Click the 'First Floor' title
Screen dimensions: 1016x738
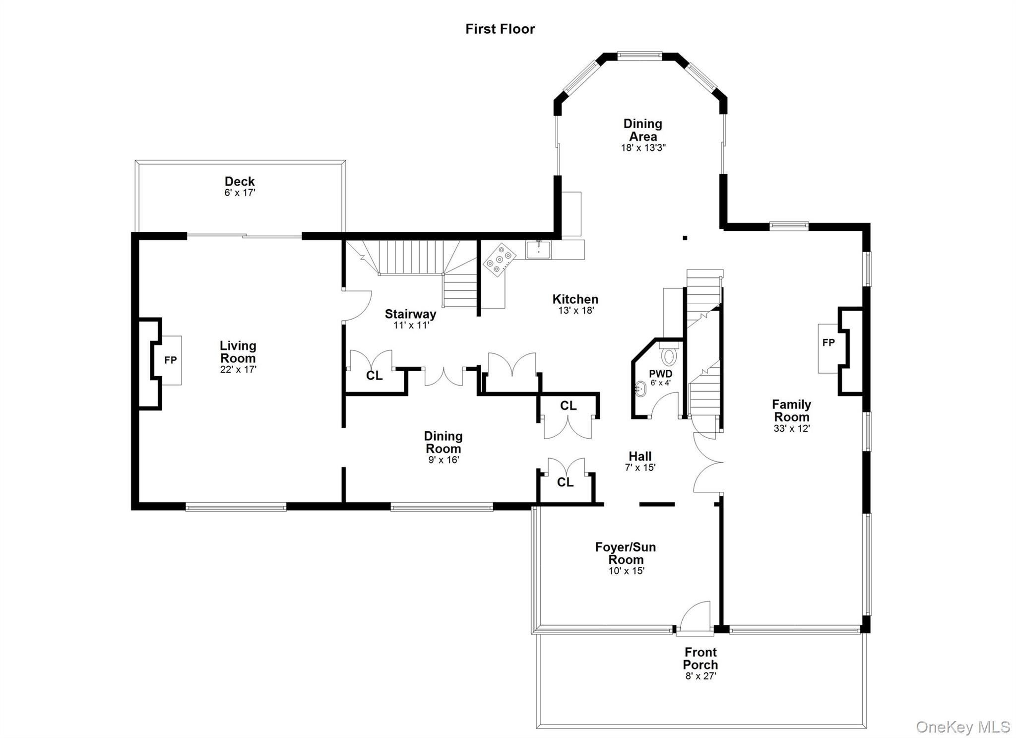coord(500,29)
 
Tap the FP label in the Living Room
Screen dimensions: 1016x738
coord(170,360)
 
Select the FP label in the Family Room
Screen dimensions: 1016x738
coord(828,342)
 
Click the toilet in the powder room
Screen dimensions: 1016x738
coord(669,354)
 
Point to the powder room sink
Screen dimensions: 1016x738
coord(640,389)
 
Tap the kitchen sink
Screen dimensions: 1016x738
coord(538,249)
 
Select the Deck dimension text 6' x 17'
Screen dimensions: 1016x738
coord(240,193)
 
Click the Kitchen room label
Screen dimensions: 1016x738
coord(575,299)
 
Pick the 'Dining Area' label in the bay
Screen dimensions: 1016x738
coord(643,130)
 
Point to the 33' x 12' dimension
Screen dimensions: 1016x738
coord(792,428)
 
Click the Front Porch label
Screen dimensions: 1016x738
coord(700,658)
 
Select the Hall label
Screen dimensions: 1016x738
coord(640,456)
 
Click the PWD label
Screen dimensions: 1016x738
coord(661,374)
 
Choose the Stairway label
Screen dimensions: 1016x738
coord(411,314)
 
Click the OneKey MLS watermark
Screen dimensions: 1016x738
coord(962,727)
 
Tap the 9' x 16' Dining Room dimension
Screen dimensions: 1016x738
coord(444,460)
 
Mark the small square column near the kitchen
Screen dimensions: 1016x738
coord(685,238)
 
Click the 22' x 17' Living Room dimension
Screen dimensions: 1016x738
coord(238,370)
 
